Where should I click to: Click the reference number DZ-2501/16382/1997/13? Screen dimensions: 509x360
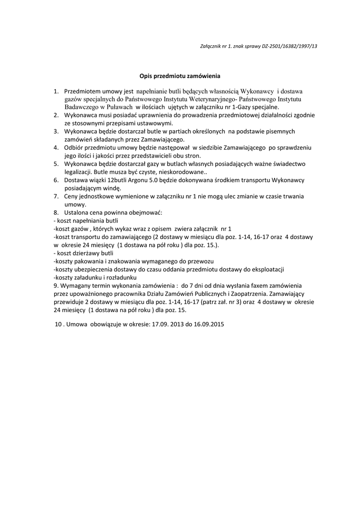click(x=289, y=46)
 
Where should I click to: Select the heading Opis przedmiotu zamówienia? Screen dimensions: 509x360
click(x=180, y=77)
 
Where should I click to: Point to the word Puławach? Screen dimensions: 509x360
click(x=118, y=107)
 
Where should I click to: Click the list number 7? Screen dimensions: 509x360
click(x=57, y=196)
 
